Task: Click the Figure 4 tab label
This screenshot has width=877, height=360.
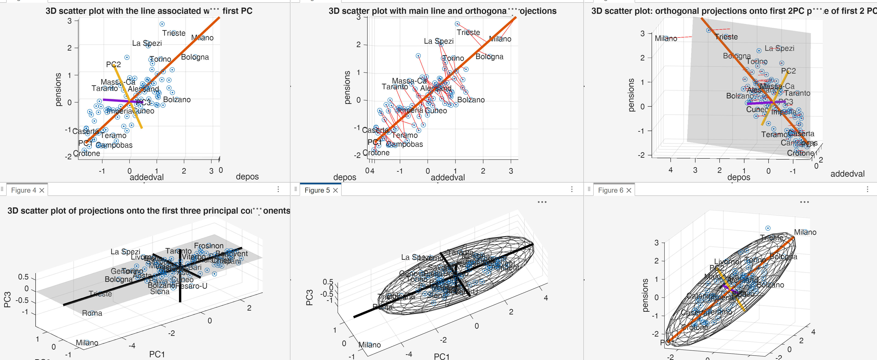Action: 23,190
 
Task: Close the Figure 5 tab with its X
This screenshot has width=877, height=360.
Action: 335,190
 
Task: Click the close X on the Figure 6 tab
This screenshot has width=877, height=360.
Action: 629,190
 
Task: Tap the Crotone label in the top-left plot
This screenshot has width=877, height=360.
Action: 86,153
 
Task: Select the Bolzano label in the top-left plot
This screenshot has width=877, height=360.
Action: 177,100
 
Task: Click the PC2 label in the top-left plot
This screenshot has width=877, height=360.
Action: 113,64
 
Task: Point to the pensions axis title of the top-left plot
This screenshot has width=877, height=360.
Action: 58,89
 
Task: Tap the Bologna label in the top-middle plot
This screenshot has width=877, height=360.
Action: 489,57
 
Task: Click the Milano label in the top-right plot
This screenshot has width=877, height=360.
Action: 666,38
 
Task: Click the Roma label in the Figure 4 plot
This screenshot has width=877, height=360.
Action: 92,313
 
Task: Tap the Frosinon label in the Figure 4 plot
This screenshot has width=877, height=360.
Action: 209,246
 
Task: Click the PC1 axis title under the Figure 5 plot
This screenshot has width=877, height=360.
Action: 442,356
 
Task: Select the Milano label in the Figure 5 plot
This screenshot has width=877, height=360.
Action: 369,345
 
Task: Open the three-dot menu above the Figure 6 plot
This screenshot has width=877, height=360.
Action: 804,202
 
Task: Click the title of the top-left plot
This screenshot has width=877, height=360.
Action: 149,11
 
